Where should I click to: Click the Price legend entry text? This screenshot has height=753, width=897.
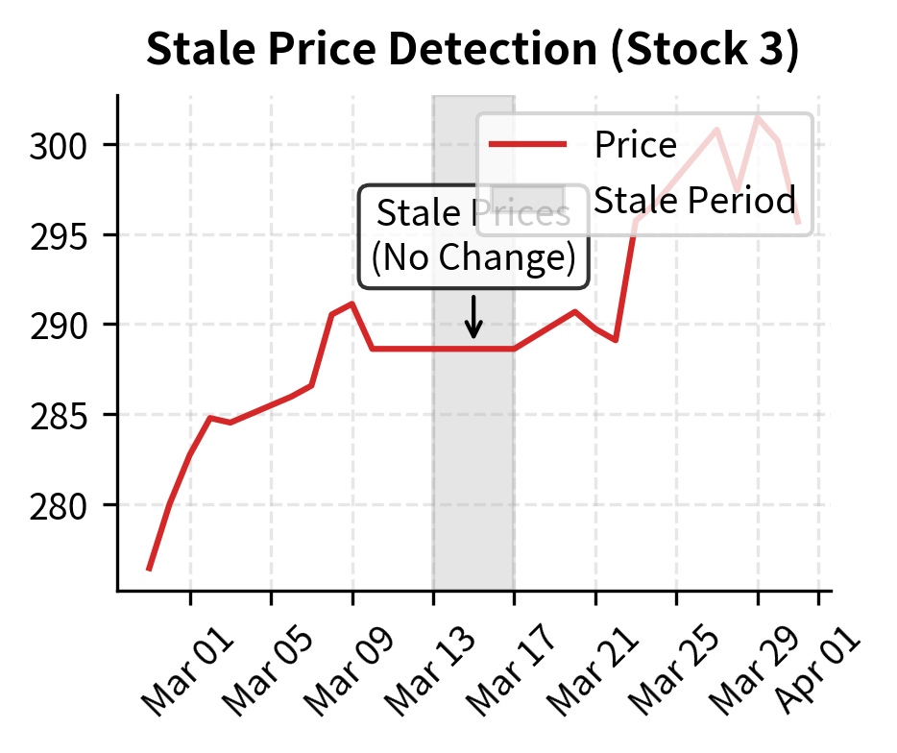tap(636, 145)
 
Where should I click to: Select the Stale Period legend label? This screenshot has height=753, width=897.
tap(695, 201)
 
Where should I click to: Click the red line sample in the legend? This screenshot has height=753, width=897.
tap(527, 145)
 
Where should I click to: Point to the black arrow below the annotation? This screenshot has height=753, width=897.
tap(473, 318)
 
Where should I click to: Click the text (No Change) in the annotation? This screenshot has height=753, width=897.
tap(473, 258)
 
